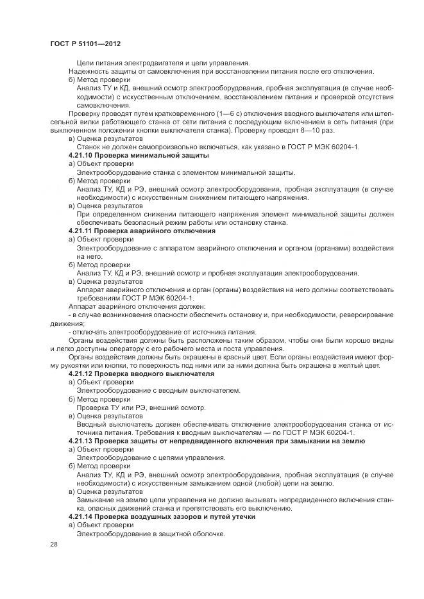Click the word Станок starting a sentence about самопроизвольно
point(89,147)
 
